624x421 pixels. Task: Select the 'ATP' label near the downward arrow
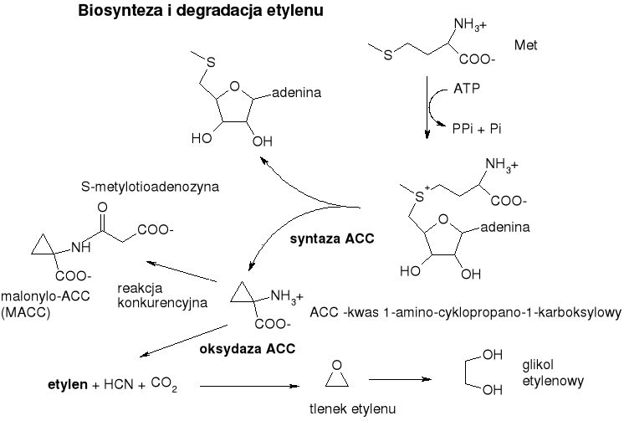[x=466, y=87]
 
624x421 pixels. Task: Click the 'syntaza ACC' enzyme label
[x=331, y=239]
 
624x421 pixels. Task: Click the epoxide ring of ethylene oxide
[x=337, y=373]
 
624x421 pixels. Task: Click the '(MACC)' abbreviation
[x=23, y=313]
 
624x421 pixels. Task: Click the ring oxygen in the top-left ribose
[x=236, y=85]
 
